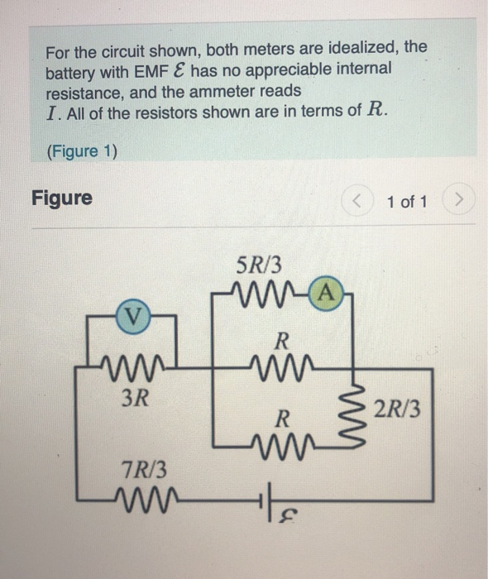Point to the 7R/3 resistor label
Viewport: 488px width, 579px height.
click(x=141, y=469)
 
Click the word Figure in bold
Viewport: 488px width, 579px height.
click(x=62, y=199)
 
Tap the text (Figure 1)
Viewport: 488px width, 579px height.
click(x=82, y=151)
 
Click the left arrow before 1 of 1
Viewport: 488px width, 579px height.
click(x=358, y=200)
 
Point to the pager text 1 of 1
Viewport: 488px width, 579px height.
click(x=405, y=200)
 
